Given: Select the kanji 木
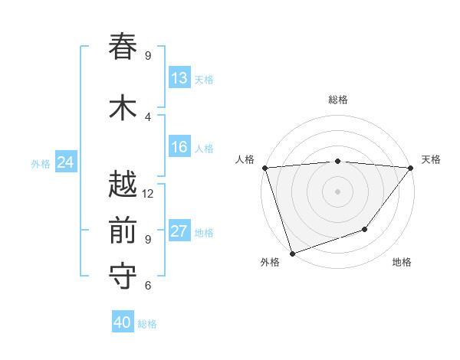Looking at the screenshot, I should pos(123,107).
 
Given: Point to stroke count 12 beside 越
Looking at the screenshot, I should pos(148,194).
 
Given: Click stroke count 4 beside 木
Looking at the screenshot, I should pos(148,116).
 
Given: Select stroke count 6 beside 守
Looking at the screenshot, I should pos(148,286).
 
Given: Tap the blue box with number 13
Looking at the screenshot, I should pos(179,78).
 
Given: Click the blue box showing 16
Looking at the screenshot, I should pos(179,147).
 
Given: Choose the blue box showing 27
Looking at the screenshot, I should pos(179,232).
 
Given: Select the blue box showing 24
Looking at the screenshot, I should pos(65,162).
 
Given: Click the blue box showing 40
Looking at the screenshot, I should pos(122,322).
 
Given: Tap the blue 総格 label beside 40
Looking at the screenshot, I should pos(147,324).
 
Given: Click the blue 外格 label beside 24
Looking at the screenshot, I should pos(41,163).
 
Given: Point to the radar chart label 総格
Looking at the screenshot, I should pos(337,100).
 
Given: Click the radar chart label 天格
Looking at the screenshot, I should pos(431,159).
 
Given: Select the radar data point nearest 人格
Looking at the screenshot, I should pos(264,168).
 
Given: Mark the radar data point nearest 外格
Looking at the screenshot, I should pos(292,253).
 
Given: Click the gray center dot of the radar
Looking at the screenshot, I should pos(337,191).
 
